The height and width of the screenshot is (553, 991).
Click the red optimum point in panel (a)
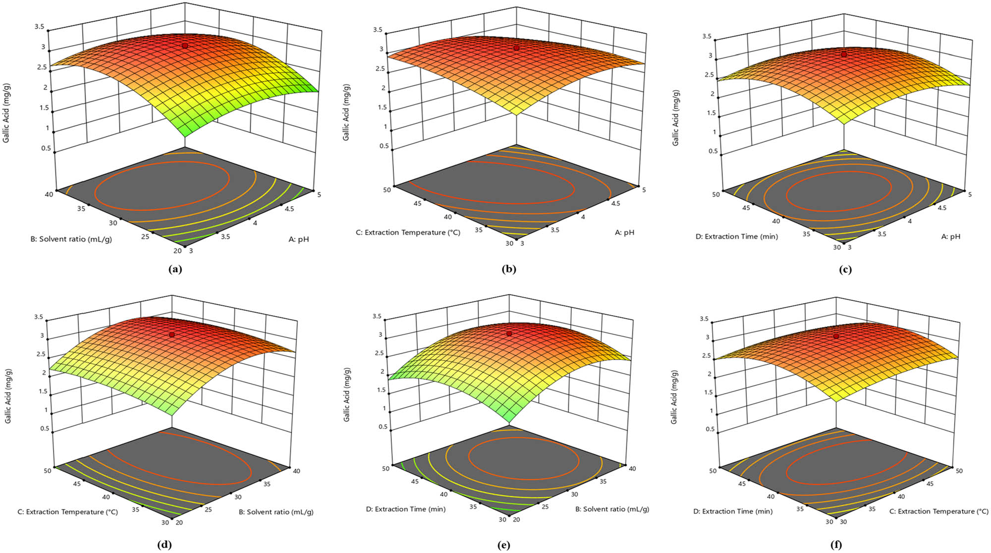pyautogui.click(x=185, y=46)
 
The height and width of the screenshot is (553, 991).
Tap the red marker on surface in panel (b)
pyautogui.click(x=516, y=48)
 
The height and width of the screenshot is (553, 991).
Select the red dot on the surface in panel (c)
pyautogui.click(x=844, y=54)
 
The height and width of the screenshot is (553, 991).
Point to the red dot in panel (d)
pyautogui.click(x=172, y=335)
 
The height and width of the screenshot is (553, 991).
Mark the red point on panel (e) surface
pyautogui.click(x=509, y=333)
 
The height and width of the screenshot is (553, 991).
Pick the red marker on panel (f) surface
pyautogui.click(x=836, y=336)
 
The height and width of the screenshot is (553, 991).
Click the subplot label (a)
pyautogui.click(x=175, y=269)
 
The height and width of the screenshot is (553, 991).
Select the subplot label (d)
pyautogui.click(x=164, y=545)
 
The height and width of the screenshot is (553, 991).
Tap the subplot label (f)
pyautogui.click(x=836, y=545)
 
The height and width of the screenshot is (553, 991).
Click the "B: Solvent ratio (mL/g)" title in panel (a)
pyautogui.click(x=71, y=239)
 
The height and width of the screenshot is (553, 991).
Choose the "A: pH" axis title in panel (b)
pyautogui.click(x=624, y=232)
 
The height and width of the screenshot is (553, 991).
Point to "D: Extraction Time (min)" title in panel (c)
pyautogui.click(x=736, y=236)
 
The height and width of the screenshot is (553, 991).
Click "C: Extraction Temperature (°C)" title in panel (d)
pyautogui.click(x=68, y=511)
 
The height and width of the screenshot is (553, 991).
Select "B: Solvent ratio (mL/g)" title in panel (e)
pyautogui.click(x=612, y=509)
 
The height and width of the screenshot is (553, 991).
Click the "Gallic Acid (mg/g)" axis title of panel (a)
pyautogui.click(x=6, y=113)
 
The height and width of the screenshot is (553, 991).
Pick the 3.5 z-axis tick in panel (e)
pyautogui.click(x=377, y=316)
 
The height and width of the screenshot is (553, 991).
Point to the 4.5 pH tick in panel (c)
pyautogui.click(x=941, y=208)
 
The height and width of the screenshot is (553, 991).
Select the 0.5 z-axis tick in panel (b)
pyautogui.click(x=384, y=146)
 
